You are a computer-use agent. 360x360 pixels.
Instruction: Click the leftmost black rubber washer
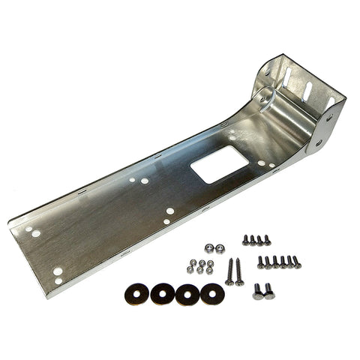[x=138, y=292]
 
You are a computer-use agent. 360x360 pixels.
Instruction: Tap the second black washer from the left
[x=163, y=293]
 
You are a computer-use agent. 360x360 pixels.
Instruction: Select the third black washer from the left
[x=187, y=293]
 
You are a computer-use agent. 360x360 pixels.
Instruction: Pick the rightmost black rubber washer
[x=212, y=293]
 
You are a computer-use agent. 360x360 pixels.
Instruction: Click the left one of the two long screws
[x=229, y=272]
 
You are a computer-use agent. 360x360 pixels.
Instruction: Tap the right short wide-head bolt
[x=269, y=291]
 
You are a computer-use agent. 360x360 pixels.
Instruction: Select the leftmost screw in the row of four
[x=246, y=239]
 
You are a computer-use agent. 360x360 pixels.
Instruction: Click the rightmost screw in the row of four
[x=267, y=241]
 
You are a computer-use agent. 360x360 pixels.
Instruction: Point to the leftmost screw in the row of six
[x=262, y=262]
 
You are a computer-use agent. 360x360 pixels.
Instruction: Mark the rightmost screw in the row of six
[x=296, y=262]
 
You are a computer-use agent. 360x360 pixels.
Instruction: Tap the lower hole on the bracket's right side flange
[x=320, y=142]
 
